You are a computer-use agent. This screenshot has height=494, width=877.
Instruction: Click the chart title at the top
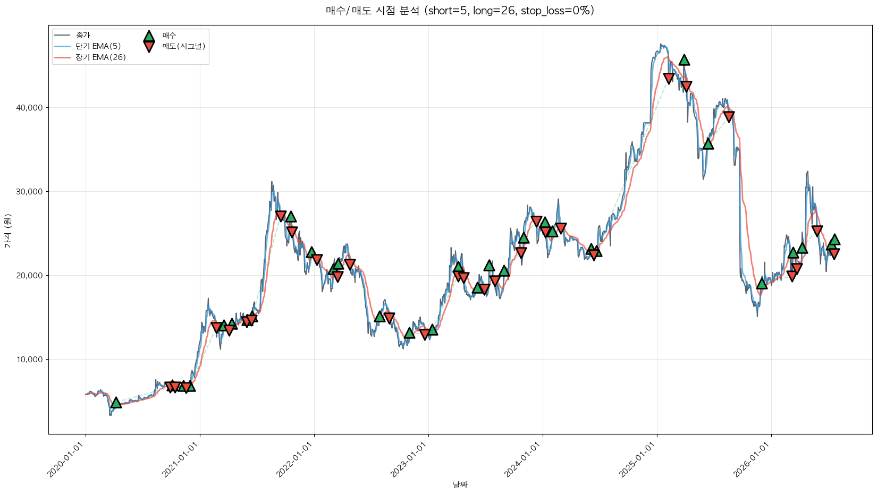tap(460, 11)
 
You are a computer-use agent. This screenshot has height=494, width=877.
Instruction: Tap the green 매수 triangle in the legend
tap(149, 36)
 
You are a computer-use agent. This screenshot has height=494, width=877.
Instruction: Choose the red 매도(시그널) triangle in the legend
tap(149, 47)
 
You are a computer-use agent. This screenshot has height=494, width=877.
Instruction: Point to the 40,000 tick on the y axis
tap(29, 107)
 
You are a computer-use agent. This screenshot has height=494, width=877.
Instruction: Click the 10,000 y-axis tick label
tap(29, 360)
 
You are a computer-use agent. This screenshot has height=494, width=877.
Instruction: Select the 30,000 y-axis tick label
tap(29, 192)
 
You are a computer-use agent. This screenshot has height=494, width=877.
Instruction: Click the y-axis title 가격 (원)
tap(8, 231)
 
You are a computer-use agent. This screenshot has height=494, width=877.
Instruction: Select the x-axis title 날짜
tap(460, 485)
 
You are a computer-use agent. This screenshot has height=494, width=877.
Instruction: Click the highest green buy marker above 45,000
tap(684, 60)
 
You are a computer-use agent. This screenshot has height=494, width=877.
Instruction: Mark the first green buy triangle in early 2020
tap(116, 403)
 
